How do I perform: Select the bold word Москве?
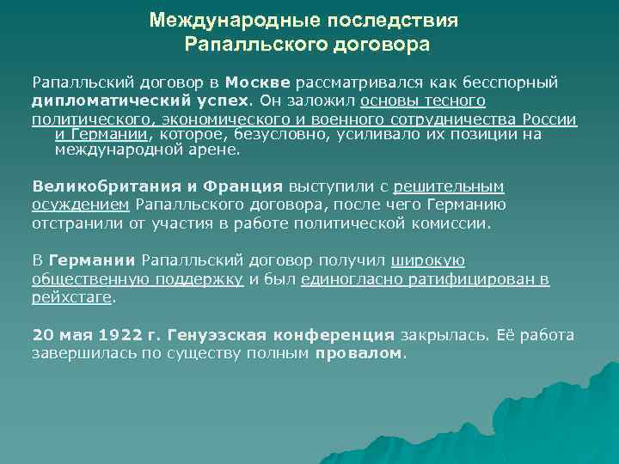pyautogui.click(x=259, y=83)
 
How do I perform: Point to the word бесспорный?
pyautogui.click(x=515, y=83)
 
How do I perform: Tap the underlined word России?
pyautogui.click(x=549, y=119)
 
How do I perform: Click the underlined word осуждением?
pyautogui.click(x=81, y=205)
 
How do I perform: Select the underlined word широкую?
pyautogui.click(x=427, y=260)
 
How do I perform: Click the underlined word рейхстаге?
pyautogui.click(x=72, y=297)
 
